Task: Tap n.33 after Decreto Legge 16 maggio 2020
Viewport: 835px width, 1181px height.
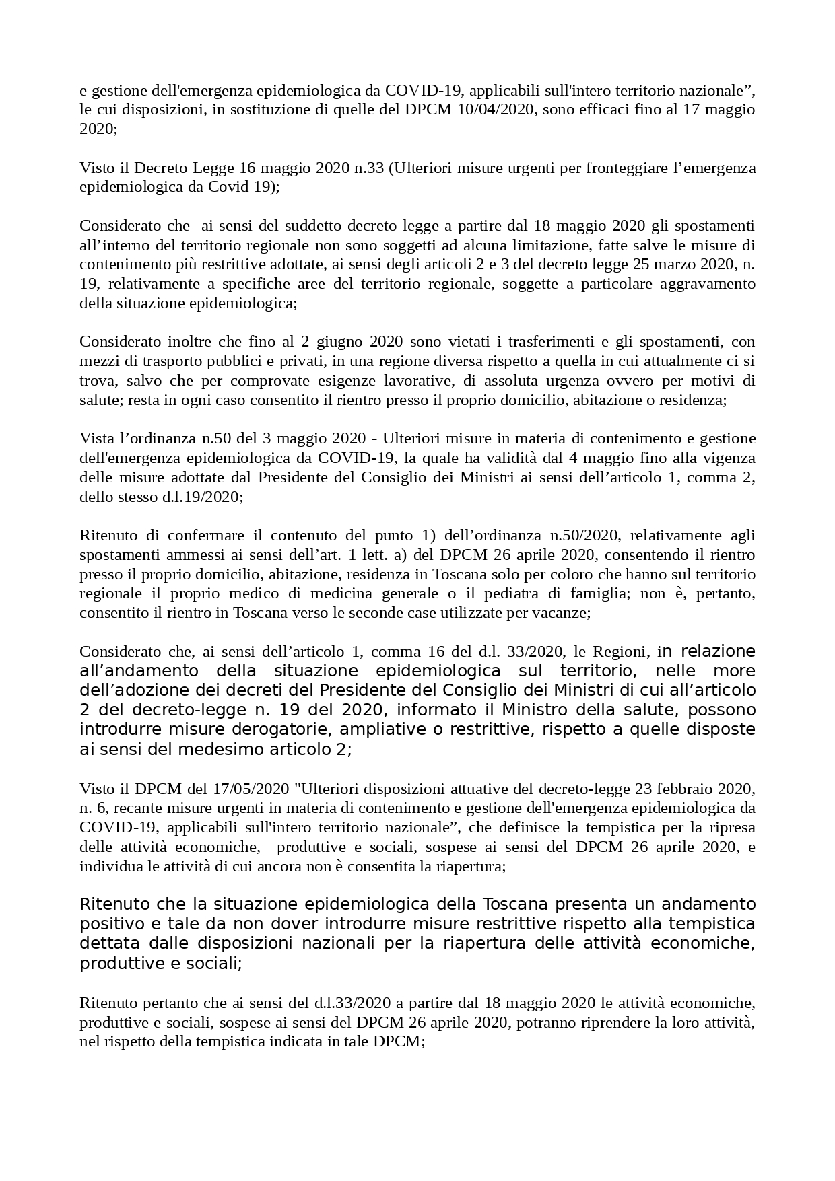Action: [368, 168]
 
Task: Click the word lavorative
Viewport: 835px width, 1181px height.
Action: [415, 381]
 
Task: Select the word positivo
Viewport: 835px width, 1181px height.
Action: [109, 924]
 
